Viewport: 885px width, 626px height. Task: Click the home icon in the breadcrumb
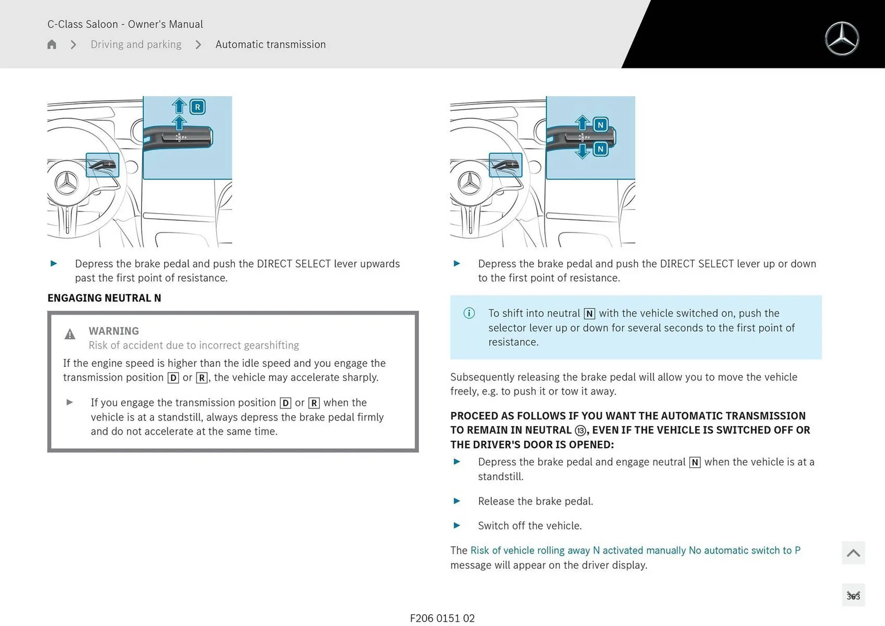[52, 44]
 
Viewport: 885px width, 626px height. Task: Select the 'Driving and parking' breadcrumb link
[136, 44]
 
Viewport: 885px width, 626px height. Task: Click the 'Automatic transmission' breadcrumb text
[270, 44]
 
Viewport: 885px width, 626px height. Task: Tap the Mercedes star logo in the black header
[842, 39]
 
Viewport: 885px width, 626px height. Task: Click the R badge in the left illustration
[197, 107]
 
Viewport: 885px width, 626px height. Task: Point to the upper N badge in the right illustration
[600, 124]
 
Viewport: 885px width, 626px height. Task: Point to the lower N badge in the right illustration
[600, 149]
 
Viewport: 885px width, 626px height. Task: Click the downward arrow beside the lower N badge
[583, 151]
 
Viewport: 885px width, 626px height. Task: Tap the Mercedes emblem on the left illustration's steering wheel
[67, 183]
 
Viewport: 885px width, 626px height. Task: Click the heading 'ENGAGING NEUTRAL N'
[104, 298]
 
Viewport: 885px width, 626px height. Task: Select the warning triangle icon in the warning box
[70, 334]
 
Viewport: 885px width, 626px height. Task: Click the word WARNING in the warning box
[113, 331]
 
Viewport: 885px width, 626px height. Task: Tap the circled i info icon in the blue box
[469, 313]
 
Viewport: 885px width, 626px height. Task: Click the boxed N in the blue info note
[589, 314]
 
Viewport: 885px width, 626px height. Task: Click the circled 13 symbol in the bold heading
[580, 431]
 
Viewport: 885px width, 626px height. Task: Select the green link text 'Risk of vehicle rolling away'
[530, 550]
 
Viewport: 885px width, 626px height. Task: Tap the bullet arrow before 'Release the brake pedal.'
[457, 501]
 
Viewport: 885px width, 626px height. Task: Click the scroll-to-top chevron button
[853, 553]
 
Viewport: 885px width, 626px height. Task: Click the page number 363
[853, 596]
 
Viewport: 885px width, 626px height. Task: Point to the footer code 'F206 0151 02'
[442, 618]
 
